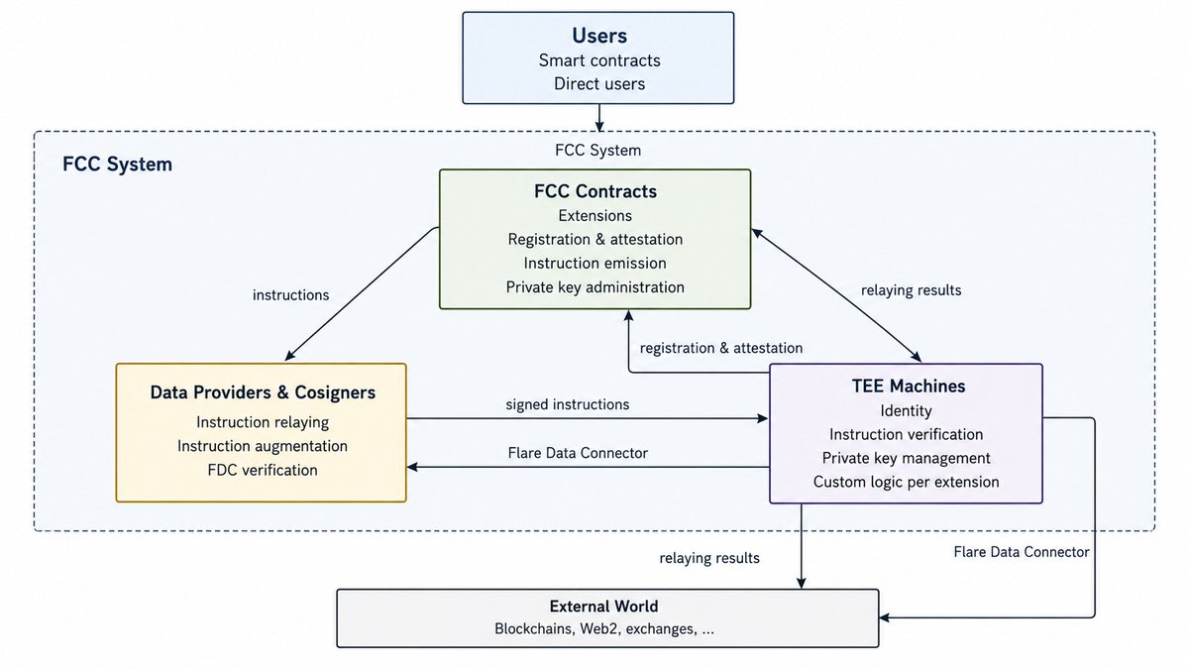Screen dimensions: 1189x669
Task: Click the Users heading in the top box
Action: pyautogui.click(x=599, y=36)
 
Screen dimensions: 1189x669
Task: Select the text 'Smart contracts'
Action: pyautogui.click(x=599, y=60)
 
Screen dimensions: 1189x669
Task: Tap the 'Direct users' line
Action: pyautogui.click(x=599, y=84)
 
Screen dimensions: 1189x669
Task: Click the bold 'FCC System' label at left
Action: pyautogui.click(x=117, y=165)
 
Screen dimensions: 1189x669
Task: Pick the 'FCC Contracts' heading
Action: pyautogui.click(x=595, y=191)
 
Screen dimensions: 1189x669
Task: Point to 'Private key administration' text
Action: pyautogui.click(x=595, y=287)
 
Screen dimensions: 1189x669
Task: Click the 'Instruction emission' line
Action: pyautogui.click(x=595, y=264)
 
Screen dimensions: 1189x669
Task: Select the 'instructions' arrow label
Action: pyautogui.click(x=291, y=295)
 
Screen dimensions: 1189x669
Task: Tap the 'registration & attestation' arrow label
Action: pyautogui.click(x=721, y=348)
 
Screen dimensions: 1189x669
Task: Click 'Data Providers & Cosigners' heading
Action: pyautogui.click(x=263, y=392)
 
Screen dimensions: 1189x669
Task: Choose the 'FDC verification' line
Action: pyautogui.click(x=263, y=470)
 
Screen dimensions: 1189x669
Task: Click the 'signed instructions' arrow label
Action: pyautogui.click(x=568, y=404)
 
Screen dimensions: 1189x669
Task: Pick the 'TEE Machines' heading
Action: pyautogui.click(x=909, y=386)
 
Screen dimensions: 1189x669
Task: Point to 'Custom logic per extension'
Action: pyautogui.click(x=906, y=482)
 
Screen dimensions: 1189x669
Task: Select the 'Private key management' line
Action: pyautogui.click(x=906, y=458)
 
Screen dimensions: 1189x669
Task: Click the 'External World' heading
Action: pyautogui.click(x=603, y=607)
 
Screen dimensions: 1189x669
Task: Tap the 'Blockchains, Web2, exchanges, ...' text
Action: pyautogui.click(x=604, y=629)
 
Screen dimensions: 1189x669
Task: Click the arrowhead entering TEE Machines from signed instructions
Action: pyautogui.click(x=763, y=419)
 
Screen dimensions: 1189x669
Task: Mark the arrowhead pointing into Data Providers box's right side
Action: pyautogui.click(x=412, y=467)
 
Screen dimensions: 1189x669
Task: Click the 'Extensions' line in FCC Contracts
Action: pyautogui.click(x=595, y=216)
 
